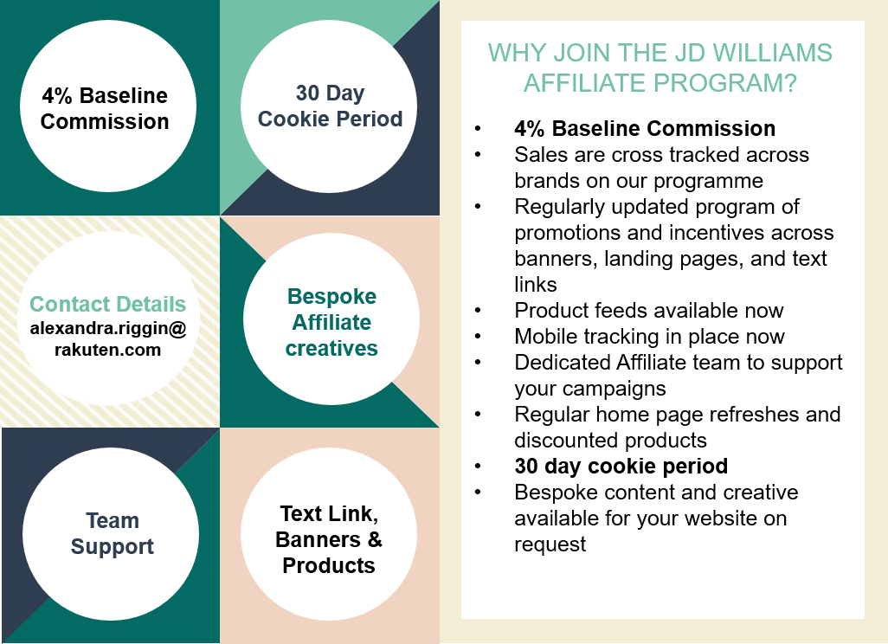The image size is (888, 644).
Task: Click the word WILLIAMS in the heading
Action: [x=772, y=54]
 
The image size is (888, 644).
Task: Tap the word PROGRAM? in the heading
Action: [x=725, y=83]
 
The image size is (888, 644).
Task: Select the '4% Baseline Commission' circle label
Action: [x=105, y=108]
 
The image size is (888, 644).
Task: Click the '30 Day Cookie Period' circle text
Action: [x=330, y=106]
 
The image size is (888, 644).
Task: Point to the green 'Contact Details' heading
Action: [x=107, y=304]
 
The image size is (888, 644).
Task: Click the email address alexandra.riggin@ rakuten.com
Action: [x=108, y=338]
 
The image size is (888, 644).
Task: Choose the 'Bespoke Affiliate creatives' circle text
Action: [x=331, y=322]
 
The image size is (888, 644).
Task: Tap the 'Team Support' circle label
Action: [x=113, y=533]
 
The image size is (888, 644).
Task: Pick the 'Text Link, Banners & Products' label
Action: [x=329, y=539]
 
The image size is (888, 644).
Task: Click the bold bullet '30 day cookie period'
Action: [x=621, y=467]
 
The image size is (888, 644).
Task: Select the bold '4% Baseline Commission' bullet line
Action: [x=645, y=129]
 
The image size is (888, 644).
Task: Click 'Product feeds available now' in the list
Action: [x=648, y=311]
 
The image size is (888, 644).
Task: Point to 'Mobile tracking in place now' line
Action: [x=649, y=337]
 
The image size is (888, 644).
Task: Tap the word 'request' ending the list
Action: [x=550, y=544]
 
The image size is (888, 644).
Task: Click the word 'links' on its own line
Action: [x=535, y=284]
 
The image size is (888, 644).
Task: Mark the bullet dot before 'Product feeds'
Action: [x=478, y=311]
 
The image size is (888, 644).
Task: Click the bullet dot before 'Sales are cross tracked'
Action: [x=478, y=155]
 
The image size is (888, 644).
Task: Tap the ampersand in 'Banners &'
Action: [x=375, y=540]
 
